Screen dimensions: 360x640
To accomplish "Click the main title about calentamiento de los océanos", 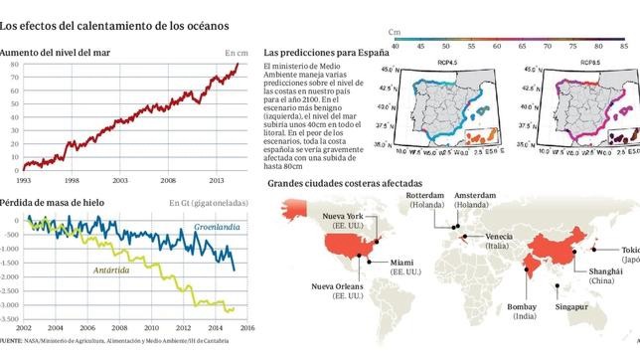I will pos(114,22).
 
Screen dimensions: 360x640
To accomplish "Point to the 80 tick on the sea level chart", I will pos(14,65).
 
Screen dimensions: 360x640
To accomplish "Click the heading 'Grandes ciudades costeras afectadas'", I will pos(339,185).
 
